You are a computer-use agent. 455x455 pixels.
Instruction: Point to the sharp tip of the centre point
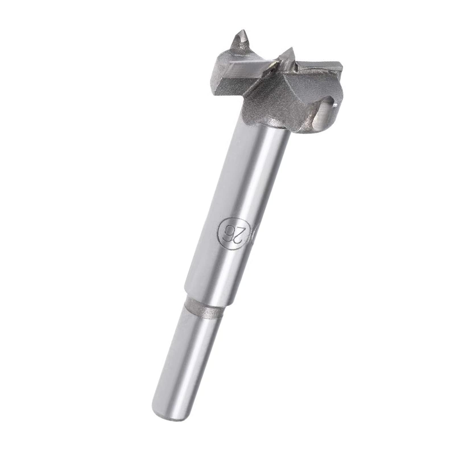[x=292, y=48]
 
